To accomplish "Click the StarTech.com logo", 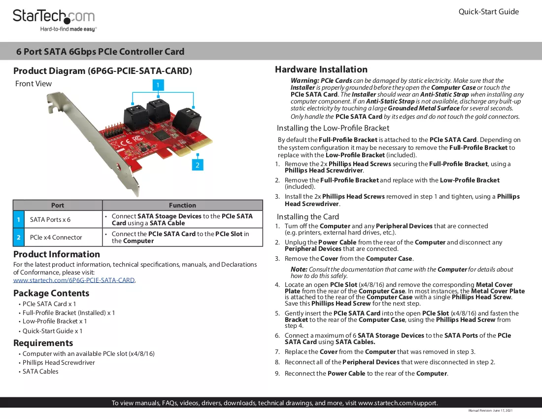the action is (54, 20).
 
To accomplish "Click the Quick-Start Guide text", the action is (488, 12).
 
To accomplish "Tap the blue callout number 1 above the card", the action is (158, 85).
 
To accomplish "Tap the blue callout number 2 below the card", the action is (198, 165).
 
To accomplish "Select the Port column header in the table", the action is (57, 205).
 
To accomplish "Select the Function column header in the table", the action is (182, 205).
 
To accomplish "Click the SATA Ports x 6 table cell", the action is (50, 219).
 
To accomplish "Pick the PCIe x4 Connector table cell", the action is (56, 238).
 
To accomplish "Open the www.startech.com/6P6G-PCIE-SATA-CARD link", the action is (74, 280).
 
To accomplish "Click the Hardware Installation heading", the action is (321, 70).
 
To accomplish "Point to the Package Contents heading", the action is (51, 293).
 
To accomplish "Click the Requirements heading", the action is (43, 343).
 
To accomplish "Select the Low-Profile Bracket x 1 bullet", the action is (55, 321).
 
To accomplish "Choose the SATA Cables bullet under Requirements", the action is (40, 372).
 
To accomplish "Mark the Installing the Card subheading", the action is (307, 217).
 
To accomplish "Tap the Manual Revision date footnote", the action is (490, 411).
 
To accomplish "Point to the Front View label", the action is (34, 84).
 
